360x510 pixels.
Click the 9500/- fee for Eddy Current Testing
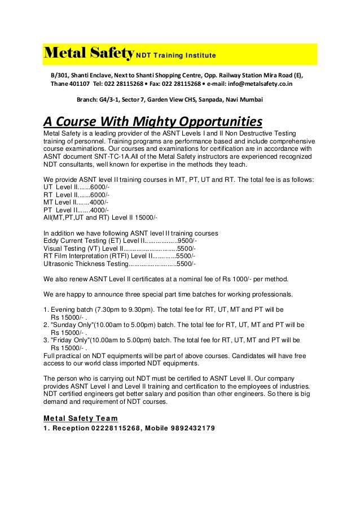pos(187,240)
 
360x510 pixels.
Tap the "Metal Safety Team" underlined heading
pos(81,419)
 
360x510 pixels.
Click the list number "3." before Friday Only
pos(46,341)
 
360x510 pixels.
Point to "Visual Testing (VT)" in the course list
pos(72,248)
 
